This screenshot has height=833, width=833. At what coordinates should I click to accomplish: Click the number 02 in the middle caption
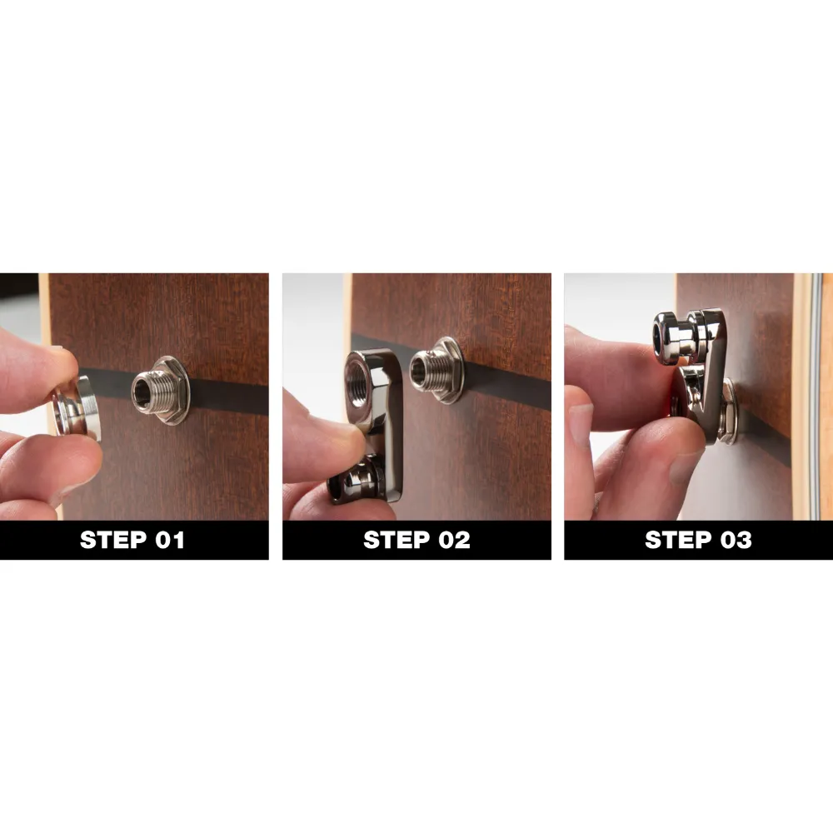pos(451,540)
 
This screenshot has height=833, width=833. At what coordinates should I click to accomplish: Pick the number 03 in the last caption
pos(734,540)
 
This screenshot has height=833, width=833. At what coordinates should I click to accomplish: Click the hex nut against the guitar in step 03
pos(721,408)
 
